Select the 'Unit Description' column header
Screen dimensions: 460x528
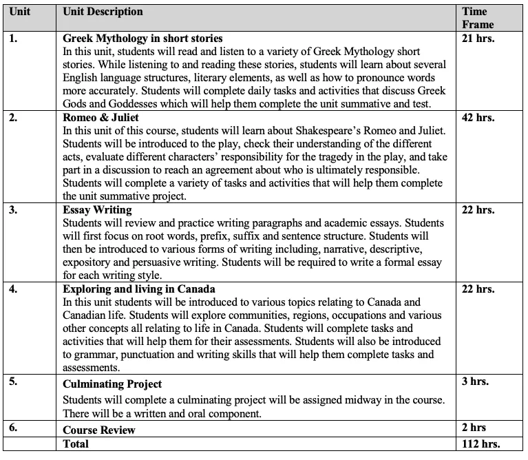tap(103, 12)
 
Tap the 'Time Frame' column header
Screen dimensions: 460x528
tap(478, 18)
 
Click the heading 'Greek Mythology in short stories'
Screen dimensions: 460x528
tap(142, 39)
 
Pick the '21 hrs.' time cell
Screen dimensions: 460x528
tap(478, 39)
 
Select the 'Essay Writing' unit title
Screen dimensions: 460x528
tap(97, 210)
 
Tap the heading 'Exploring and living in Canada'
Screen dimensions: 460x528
tap(139, 289)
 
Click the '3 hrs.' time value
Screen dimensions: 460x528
tap(475, 381)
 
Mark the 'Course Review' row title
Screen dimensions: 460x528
tap(99, 430)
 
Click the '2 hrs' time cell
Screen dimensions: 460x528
tap(474, 429)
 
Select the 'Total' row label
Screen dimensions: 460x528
tap(76, 444)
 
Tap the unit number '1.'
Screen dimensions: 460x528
tap(14, 39)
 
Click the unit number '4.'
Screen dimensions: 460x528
tap(14, 289)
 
